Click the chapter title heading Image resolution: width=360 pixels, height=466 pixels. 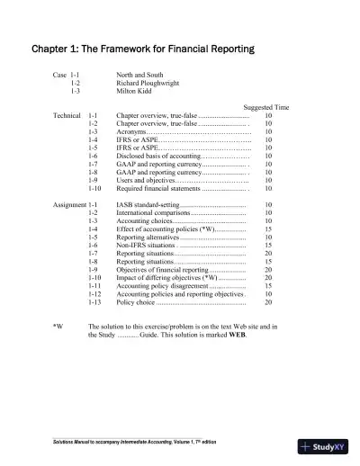tap(143, 48)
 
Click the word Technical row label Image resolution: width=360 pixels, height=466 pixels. tap(67, 116)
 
